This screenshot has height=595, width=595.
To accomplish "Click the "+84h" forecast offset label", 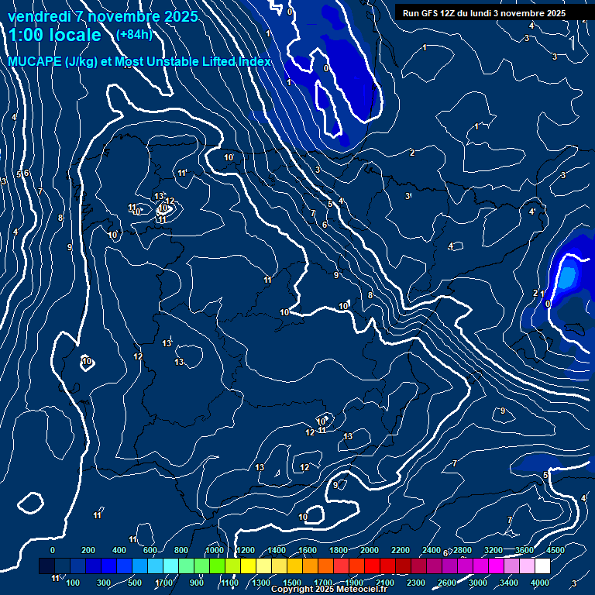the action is [134, 34].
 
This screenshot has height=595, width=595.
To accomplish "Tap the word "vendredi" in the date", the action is [39, 16].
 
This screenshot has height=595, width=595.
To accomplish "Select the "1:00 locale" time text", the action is [55, 35].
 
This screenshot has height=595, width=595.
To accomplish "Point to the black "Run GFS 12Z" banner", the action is [484, 12].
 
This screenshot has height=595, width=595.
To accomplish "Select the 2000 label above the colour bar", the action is [370, 550].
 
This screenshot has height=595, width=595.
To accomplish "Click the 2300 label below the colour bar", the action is [416, 583].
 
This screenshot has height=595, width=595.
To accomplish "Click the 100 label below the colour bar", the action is [73, 583].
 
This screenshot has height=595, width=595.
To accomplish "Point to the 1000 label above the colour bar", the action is [215, 550].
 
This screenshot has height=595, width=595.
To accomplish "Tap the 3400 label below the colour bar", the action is [509, 583].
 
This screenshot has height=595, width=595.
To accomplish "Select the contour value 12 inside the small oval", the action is [170, 201].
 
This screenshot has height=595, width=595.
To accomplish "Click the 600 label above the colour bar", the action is [150, 550].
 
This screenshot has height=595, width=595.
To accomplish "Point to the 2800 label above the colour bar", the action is [463, 550].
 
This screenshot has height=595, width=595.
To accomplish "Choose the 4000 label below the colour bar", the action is [540, 583].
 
